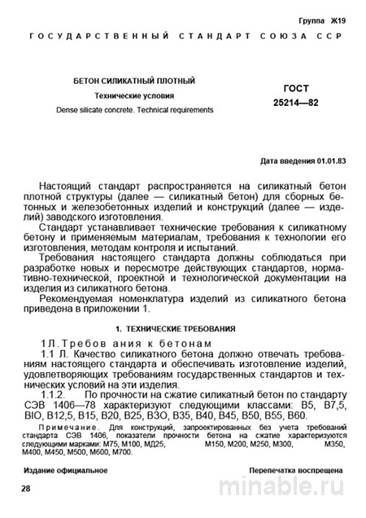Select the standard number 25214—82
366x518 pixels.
click(x=298, y=105)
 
